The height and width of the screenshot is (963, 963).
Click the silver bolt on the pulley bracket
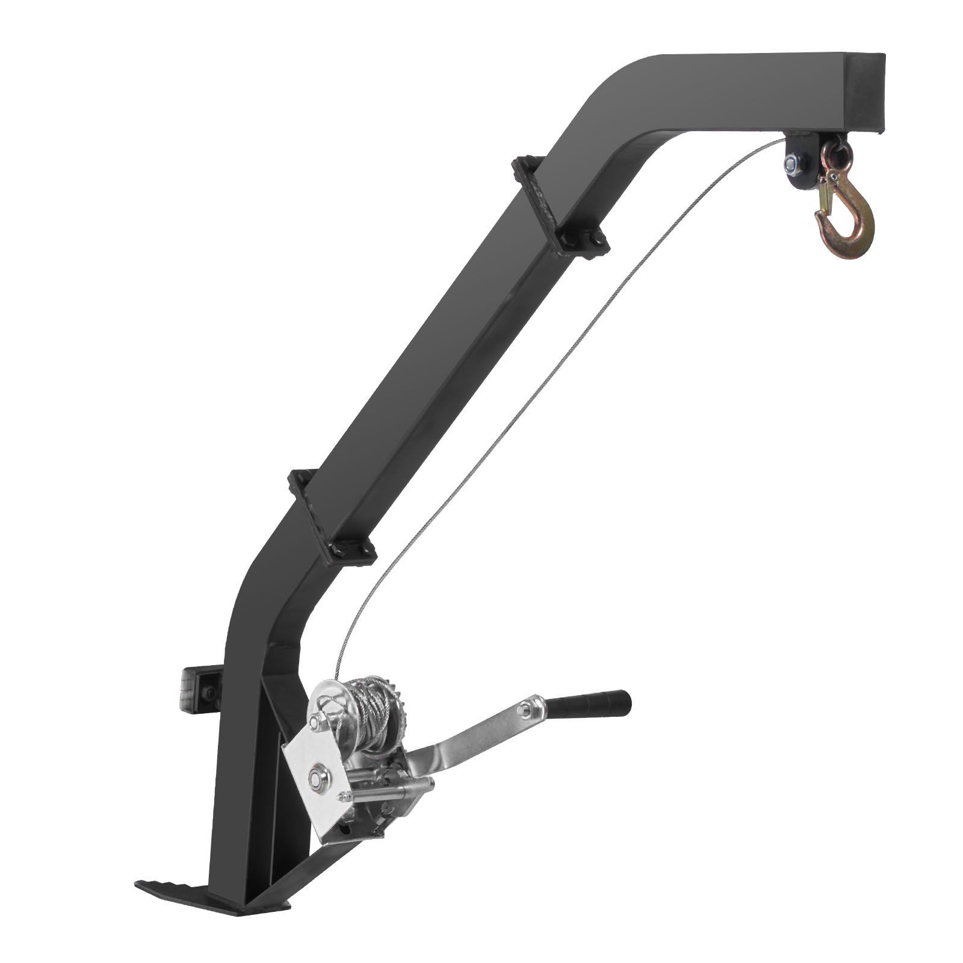click(791, 162)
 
